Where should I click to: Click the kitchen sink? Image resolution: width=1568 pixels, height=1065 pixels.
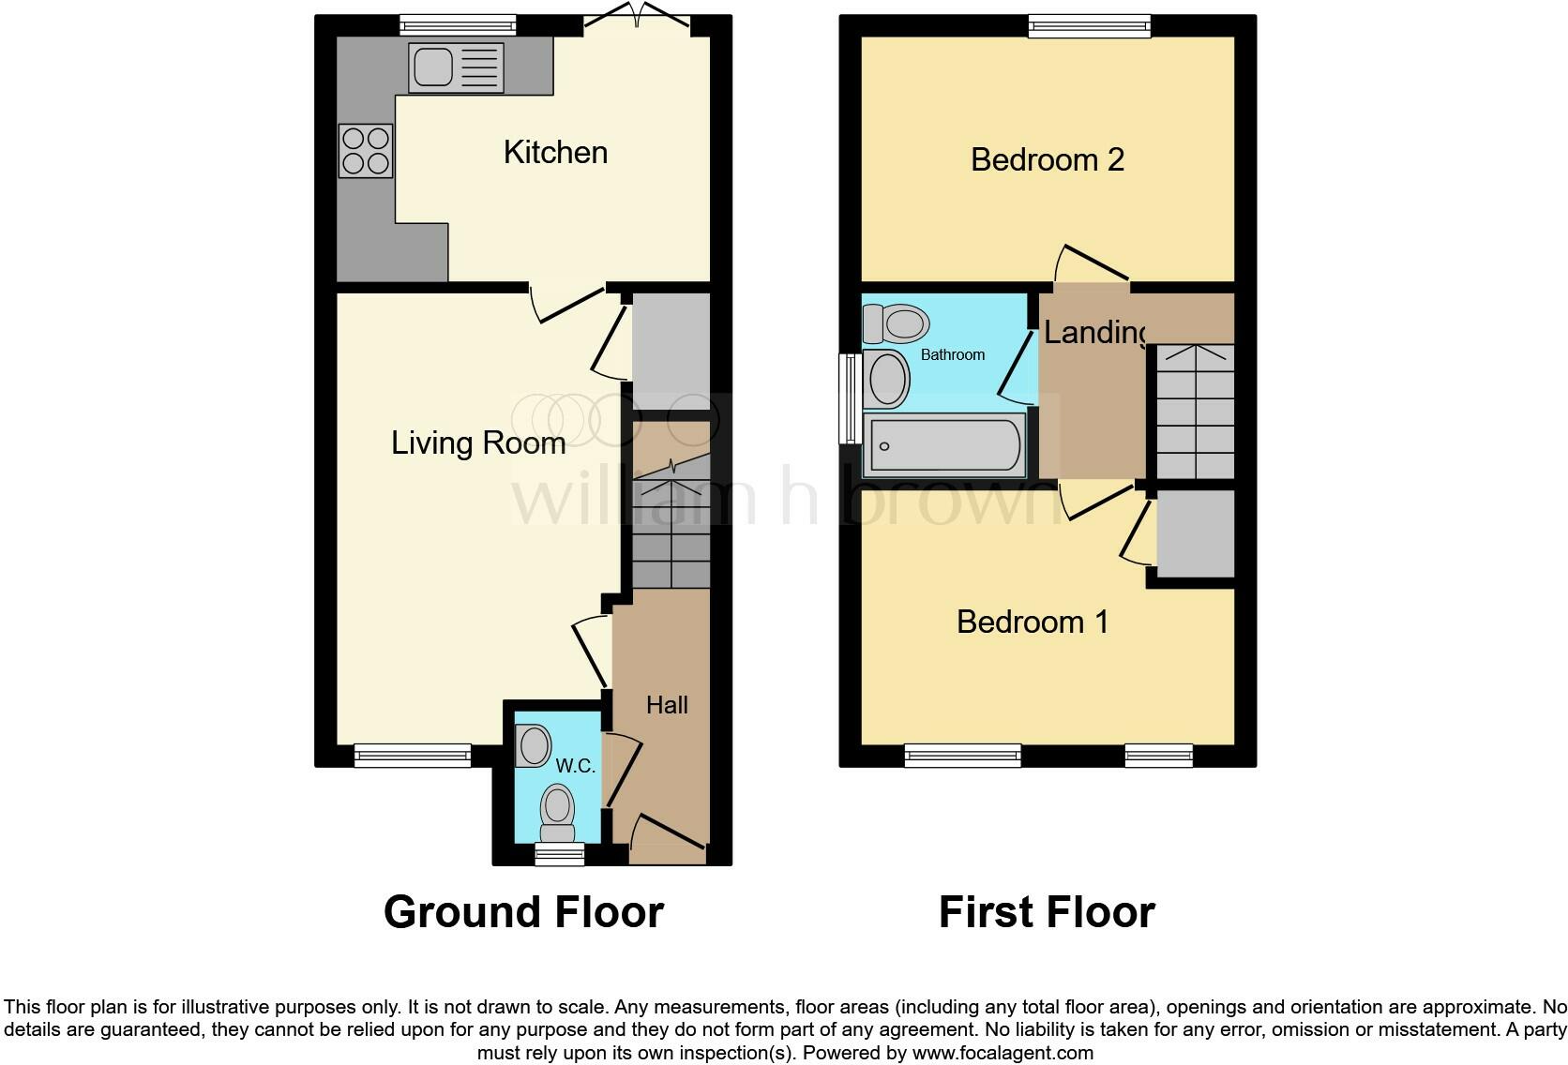[456, 67]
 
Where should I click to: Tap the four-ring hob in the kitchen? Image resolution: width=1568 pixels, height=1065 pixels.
[366, 151]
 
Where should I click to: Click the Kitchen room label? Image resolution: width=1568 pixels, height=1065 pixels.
[555, 152]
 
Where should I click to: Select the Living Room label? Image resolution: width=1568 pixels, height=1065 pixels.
[478, 442]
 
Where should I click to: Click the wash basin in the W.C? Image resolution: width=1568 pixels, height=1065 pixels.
[534, 747]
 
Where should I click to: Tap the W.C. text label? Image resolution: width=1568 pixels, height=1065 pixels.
[575, 766]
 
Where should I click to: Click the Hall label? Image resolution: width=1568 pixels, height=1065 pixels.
[667, 705]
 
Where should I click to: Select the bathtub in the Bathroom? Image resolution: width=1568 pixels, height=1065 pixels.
[944, 446]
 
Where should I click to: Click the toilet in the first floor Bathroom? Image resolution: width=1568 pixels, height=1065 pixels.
[896, 324]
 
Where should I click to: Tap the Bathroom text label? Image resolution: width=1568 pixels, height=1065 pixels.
[953, 354]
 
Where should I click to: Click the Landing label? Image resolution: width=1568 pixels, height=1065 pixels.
[1094, 332]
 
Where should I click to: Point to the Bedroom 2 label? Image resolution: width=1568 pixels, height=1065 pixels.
[1047, 159]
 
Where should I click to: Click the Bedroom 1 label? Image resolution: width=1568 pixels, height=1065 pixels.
[1033, 622]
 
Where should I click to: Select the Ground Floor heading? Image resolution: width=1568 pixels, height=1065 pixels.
[523, 911]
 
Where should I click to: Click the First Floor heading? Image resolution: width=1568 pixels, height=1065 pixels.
[1047, 911]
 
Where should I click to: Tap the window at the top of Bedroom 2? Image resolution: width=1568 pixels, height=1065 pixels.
[1089, 26]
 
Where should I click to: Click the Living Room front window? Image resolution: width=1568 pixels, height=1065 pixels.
[413, 755]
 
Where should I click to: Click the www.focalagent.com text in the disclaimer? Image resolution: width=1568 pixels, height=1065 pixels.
[1002, 1052]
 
